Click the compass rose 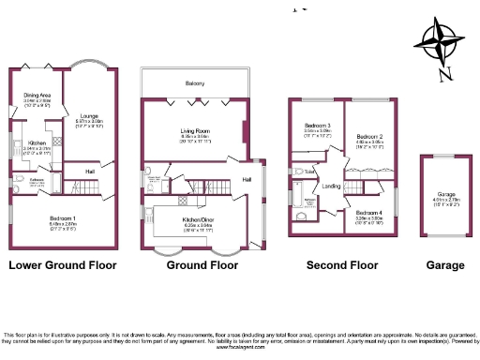pyautogui.click(x=440, y=42)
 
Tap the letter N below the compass pyautogui.click(x=445, y=74)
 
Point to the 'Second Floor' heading pyautogui.click(x=342, y=265)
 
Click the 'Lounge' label pyautogui.click(x=88, y=116)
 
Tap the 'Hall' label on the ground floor pyautogui.click(x=247, y=178)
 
